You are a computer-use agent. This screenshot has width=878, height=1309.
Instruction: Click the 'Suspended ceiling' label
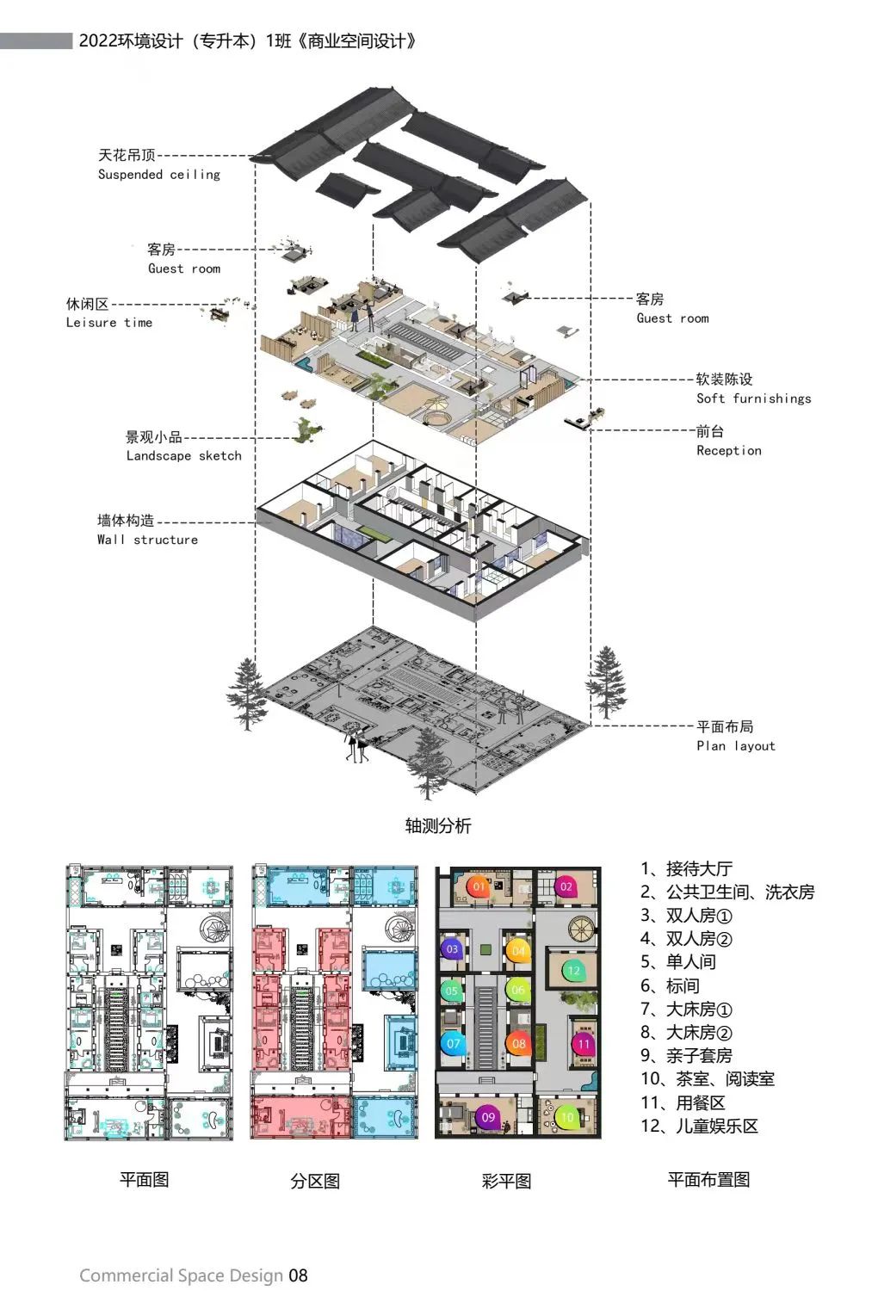click(x=158, y=174)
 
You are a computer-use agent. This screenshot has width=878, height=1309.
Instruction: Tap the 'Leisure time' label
click(x=108, y=323)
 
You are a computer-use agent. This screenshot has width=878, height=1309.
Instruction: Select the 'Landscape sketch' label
click(x=183, y=456)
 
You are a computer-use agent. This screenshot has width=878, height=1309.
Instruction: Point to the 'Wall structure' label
click(x=147, y=540)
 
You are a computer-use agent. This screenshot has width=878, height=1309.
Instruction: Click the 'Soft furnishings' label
click(x=753, y=398)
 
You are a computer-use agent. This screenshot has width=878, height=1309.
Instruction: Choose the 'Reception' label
click(x=728, y=450)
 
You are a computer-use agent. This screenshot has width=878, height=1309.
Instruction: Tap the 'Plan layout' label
click(x=735, y=746)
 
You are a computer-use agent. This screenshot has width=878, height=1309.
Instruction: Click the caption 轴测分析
click(x=438, y=826)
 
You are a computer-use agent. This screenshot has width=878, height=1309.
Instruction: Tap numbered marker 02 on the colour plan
click(x=566, y=886)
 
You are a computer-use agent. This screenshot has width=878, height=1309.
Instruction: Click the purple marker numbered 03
click(x=453, y=949)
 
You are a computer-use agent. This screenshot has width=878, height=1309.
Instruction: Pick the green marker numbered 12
click(x=573, y=971)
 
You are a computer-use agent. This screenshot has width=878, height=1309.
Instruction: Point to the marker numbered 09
click(x=488, y=1117)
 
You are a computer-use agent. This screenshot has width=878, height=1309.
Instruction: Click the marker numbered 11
click(x=584, y=1044)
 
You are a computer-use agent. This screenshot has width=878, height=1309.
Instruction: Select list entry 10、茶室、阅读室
click(x=707, y=1079)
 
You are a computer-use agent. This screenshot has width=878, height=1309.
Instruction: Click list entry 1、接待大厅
click(x=686, y=869)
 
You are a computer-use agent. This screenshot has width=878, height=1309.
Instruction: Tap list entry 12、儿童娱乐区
click(x=699, y=1127)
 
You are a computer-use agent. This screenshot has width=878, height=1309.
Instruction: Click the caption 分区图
click(x=315, y=1181)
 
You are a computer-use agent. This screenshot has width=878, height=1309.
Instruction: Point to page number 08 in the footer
click(x=298, y=1275)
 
